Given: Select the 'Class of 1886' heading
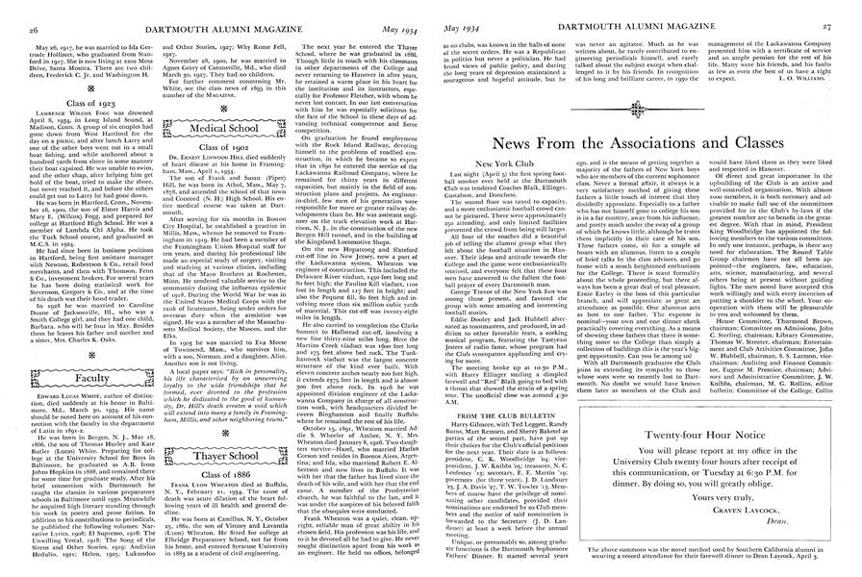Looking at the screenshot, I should click(227, 476).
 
